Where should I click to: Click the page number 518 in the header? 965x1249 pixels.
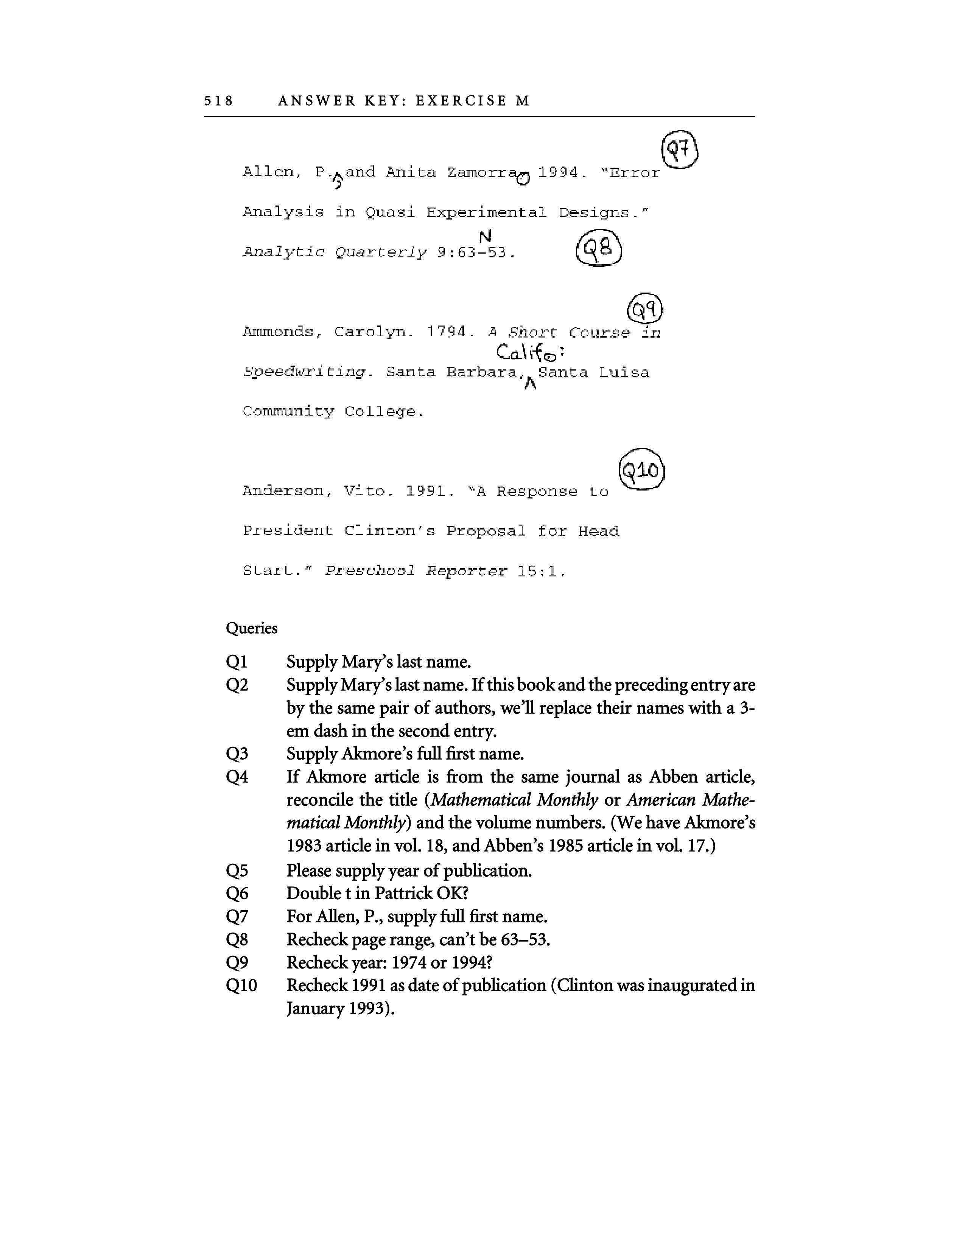[x=218, y=101]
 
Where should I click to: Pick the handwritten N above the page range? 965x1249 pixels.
[x=486, y=236]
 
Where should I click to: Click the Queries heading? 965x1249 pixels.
[x=252, y=629]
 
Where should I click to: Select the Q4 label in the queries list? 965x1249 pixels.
[x=237, y=777]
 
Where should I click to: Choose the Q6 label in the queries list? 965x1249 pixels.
[x=237, y=893]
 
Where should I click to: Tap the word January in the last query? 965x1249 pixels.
[x=316, y=1009]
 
